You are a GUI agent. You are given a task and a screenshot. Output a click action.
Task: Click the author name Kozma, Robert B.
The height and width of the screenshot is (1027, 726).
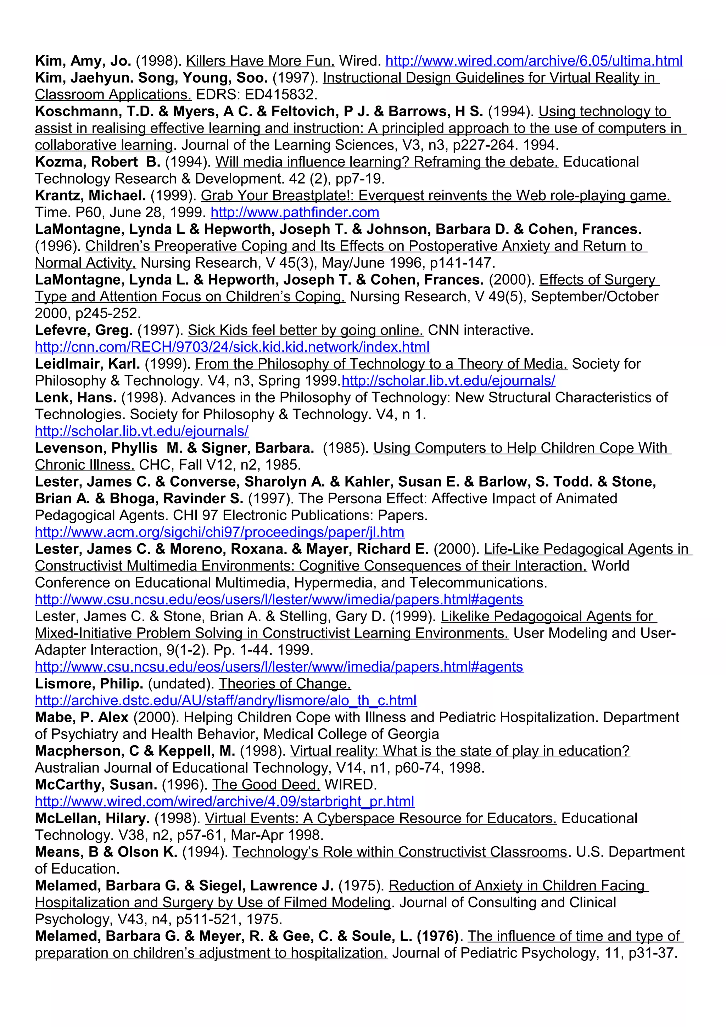click(x=97, y=162)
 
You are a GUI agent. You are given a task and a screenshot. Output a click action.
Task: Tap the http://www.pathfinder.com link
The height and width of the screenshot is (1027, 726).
click(x=295, y=213)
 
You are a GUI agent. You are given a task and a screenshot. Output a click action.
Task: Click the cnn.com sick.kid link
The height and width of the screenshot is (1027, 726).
click(x=232, y=347)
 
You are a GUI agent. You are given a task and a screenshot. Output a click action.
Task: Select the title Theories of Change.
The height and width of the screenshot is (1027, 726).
click(x=285, y=684)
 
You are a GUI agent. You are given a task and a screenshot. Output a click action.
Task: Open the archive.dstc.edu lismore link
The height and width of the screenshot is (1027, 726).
click(x=225, y=701)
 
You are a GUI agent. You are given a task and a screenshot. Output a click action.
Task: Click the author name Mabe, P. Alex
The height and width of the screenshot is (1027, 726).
click(x=82, y=718)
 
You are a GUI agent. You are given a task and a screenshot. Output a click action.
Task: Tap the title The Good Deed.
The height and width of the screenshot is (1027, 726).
click(x=266, y=785)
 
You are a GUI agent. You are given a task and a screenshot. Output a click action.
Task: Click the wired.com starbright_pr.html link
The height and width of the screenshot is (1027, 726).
click(x=224, y=802)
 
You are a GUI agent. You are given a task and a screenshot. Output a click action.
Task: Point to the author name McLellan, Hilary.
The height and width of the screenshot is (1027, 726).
click(x=92, y=819)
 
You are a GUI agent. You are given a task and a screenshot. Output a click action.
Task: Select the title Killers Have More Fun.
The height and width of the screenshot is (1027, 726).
click(x=260, y=61)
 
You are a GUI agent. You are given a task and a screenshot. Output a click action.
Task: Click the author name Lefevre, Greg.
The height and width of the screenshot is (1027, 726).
click(x=84, y=331)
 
